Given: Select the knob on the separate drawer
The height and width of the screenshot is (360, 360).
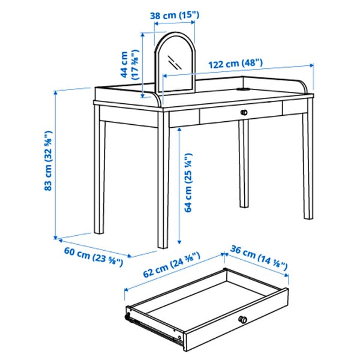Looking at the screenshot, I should point(242,319).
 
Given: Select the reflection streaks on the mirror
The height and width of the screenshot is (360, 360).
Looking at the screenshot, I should point(174,62).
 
